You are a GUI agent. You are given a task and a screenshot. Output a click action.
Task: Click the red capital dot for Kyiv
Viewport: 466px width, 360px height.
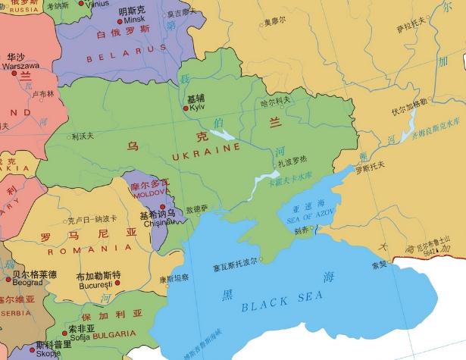(186, 108)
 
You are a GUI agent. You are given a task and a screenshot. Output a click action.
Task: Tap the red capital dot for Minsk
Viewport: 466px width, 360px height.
(115, 20)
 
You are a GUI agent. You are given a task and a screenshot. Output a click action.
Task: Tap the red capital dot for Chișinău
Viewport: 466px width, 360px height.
(162, 207)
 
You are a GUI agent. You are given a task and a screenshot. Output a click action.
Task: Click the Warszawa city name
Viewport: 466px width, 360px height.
(22, 66)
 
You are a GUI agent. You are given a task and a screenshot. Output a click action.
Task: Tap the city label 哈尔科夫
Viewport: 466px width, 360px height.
(276, 100)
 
